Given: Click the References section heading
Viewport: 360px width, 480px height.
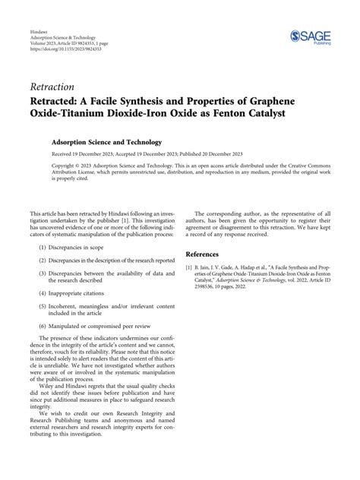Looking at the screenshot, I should click(x=207, y=254).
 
